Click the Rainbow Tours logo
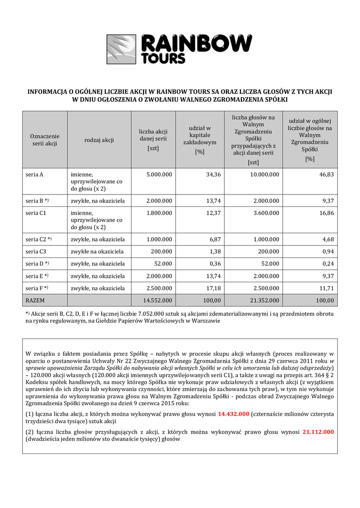tap(180, 48)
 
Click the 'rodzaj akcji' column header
tap(99, 140)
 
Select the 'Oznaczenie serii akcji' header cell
tap(45, 140)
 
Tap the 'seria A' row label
tap(34, 175)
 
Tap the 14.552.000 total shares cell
tap(157, 300)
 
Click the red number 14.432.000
tap(233, 414)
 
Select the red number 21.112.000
tap(318, 432)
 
